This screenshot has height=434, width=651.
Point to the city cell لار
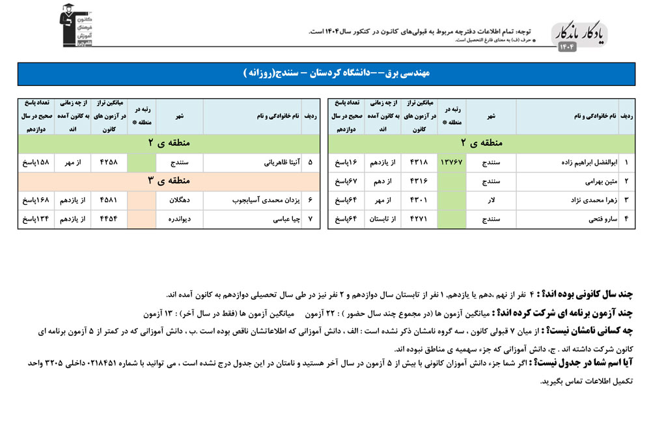click(x=492, y=200)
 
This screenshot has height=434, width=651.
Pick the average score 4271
click(x=419, y=219)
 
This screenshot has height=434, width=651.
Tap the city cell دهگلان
click(x=179, y=200)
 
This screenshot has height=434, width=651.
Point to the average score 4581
click(x=109, y=200)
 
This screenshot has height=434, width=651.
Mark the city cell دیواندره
click(x=179, y=219)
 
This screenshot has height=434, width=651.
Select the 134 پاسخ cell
click(x=35, y=219)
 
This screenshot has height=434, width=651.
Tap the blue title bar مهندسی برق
click(x=325, y=74)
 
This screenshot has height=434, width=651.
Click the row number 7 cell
click(x=309, y=219)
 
